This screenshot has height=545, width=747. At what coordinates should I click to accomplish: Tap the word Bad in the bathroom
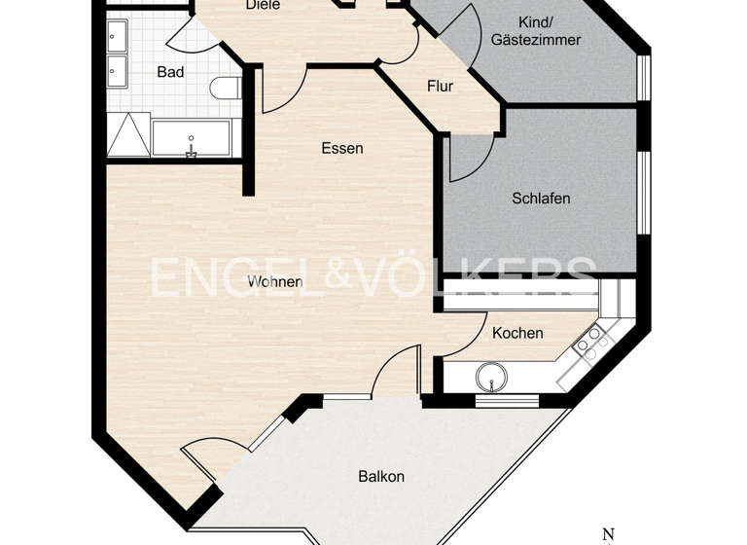point(170,72)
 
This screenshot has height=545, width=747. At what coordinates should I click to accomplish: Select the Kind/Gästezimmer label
point(536,31)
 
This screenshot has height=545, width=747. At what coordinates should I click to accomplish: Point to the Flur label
point(440,87)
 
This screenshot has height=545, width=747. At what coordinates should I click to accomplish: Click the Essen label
point(342,148)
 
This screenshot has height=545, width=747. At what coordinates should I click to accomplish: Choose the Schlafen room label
point(541,199)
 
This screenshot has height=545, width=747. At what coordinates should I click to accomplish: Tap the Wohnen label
point(274,282)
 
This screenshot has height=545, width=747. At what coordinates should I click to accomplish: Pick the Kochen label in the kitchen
point(517,333)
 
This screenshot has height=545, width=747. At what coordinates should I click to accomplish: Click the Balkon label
point(381,477)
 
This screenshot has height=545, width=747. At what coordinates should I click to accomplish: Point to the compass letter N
point(609,534)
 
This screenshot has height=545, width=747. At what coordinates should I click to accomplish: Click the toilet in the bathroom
point(225,89)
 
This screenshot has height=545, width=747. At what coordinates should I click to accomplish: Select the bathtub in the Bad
point(192,138)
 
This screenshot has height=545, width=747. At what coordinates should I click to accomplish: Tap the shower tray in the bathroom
point(127,135)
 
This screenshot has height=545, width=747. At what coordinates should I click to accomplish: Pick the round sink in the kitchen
point(493,375)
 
